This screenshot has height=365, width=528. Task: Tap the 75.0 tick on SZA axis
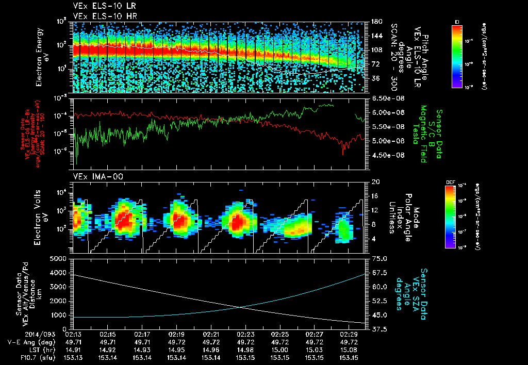click(378, 258)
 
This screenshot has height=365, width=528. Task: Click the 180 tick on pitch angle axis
click(375, 21)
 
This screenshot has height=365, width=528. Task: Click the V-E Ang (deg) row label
click(24, 342)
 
